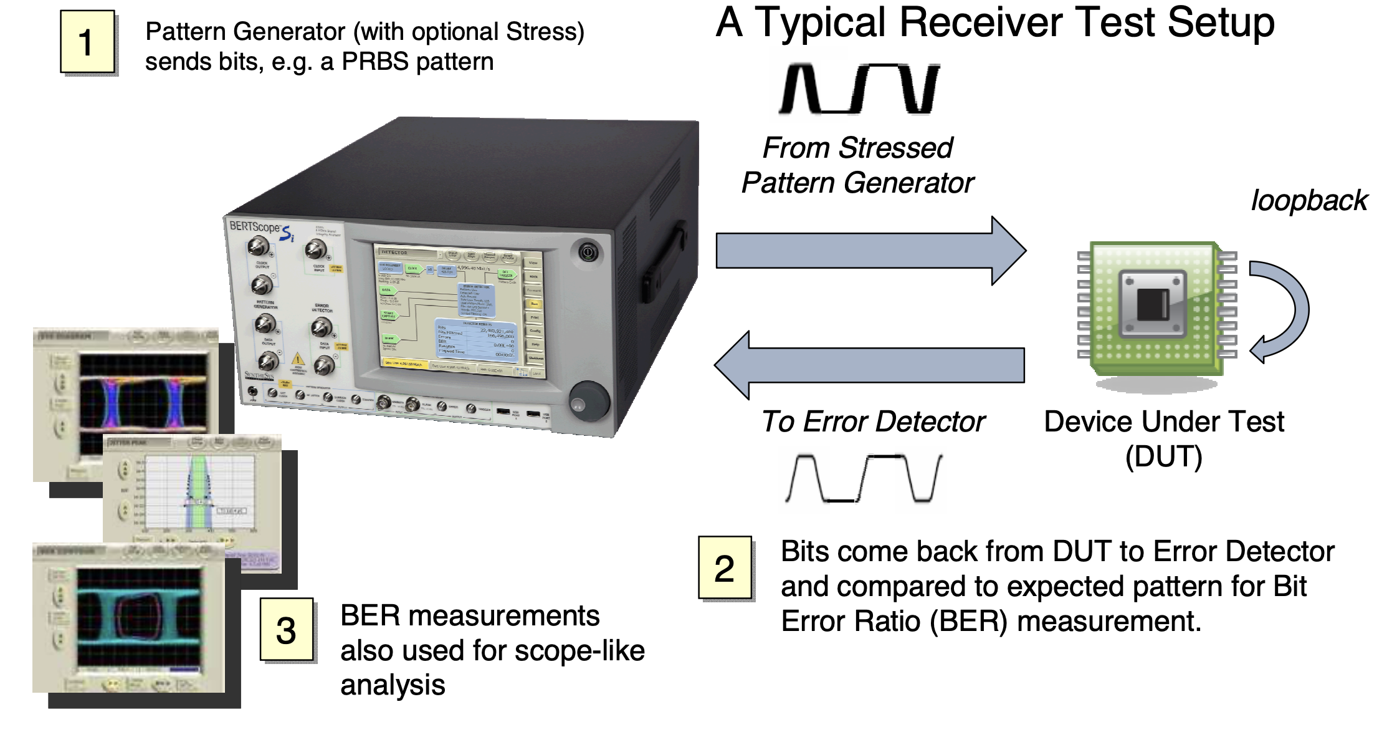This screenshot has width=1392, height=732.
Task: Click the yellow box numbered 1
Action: tap(87, 42)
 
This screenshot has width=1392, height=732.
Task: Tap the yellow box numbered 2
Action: tap(725, 568)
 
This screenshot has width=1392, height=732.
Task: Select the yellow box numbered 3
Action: tap(287, 630)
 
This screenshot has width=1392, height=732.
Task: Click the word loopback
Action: tap(1309, 201)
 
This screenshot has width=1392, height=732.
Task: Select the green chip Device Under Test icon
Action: tap(1153, 309)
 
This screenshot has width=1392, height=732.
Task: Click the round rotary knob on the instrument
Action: tap(589, 401)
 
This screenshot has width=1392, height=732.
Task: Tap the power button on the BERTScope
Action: tap(588, 253)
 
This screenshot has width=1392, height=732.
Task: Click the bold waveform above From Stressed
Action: tap(859, 89)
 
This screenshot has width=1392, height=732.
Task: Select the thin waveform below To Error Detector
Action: tap(863, 479)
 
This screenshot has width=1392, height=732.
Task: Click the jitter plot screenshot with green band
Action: tap(196, 493)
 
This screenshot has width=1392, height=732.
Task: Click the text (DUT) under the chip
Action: tap(1163, 456)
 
